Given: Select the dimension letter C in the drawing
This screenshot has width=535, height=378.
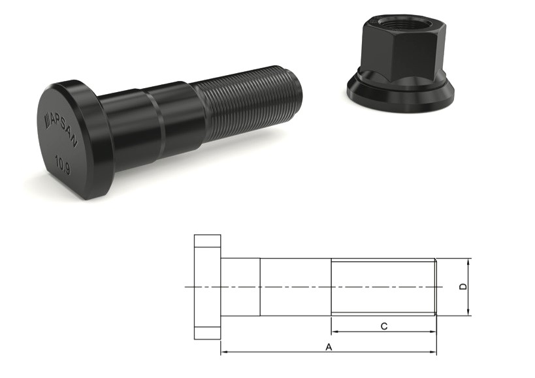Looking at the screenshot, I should pos(384,326).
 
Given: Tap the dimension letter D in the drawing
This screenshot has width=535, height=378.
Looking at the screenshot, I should pos(464,287).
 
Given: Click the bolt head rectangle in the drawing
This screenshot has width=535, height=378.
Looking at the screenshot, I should pos(208,287).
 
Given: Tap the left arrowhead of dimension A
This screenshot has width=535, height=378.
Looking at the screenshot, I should pos(224,353).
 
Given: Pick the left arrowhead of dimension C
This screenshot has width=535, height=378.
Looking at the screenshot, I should pos(334,332).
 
